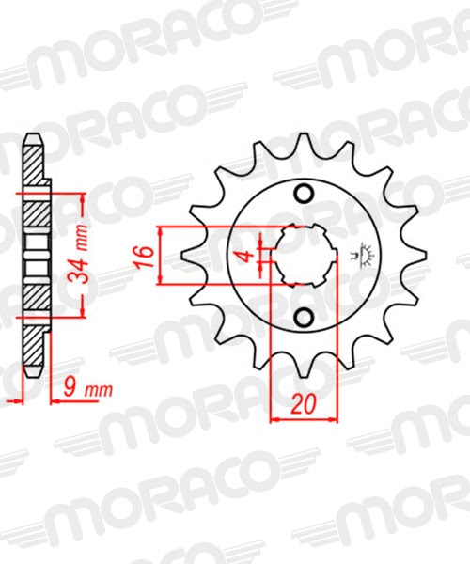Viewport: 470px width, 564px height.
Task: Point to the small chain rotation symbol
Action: click(361, 257)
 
